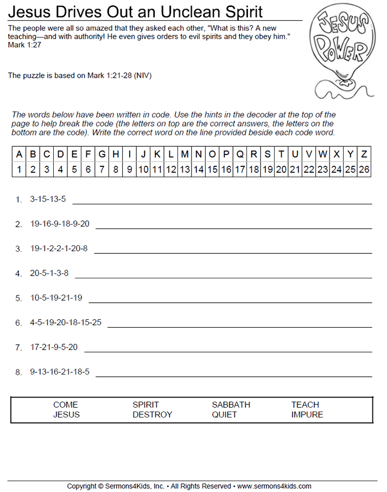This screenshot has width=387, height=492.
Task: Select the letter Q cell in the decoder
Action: tap(239, 154)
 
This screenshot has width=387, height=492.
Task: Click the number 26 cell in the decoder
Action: tap(364, 169)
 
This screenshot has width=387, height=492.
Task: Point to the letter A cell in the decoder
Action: tap(19, 154)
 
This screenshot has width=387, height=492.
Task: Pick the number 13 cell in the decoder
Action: tap(185, 169)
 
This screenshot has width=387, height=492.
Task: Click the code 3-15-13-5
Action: tap(48, 199)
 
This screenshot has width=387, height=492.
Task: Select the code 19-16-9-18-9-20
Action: tap(60, 223)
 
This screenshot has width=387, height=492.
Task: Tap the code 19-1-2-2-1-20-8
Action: tap(59, 248)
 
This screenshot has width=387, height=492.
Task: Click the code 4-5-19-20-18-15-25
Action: tap(66, 322)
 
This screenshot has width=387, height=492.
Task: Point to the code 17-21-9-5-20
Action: tap(54, 347)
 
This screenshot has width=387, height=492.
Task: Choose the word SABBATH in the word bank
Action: tap(231, 404)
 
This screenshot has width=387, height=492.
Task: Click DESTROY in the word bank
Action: tap(152, 414)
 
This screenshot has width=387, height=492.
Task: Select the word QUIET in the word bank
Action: tap(224, 414)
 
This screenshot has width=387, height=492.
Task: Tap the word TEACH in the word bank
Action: tap(305, 404)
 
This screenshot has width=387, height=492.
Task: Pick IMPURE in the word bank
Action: tap(307, 414)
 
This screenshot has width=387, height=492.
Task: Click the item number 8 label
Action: tap(18, 372)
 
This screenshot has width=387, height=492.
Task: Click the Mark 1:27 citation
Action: tap(24, 45)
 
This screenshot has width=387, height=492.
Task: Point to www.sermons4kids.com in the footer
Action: tap(274, 486)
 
